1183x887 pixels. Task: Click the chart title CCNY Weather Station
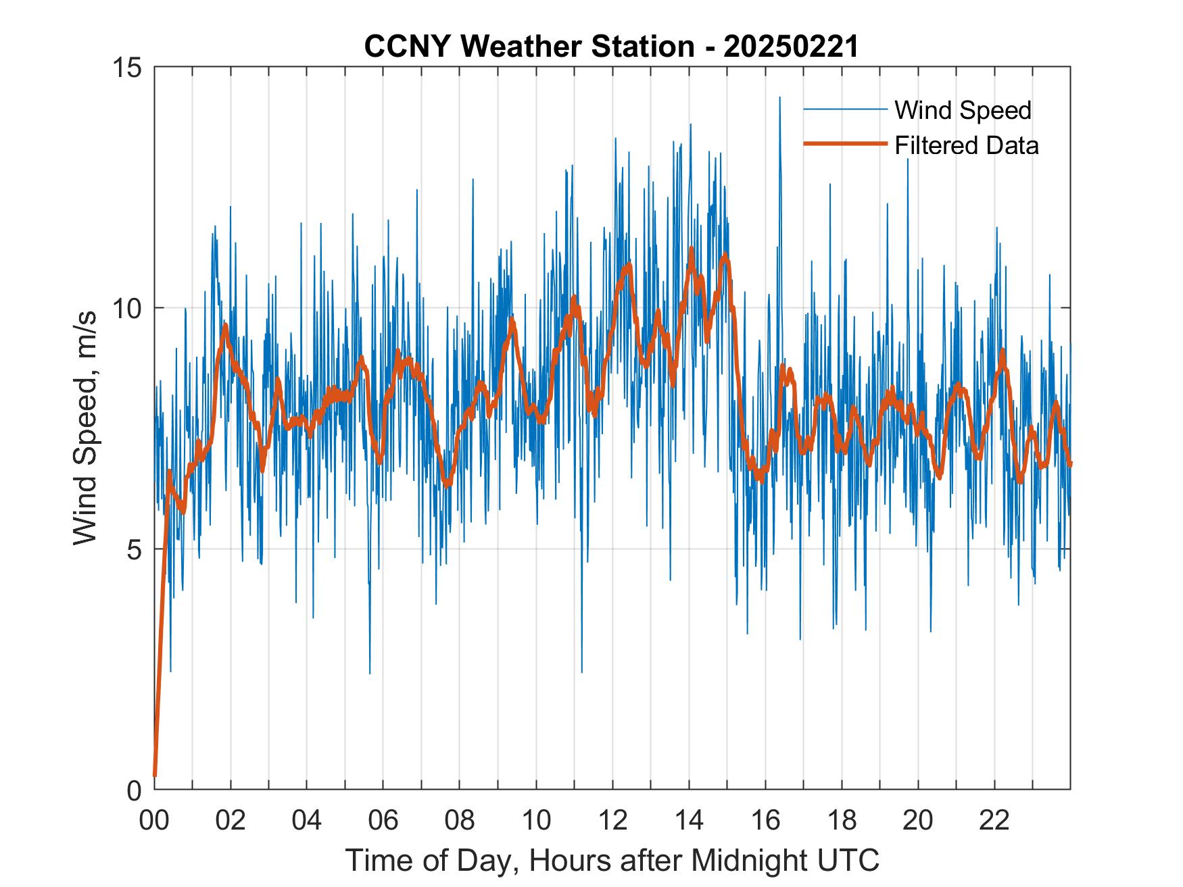point(529,47)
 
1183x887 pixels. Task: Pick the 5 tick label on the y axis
point(133,550)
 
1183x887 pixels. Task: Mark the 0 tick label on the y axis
point(133,790)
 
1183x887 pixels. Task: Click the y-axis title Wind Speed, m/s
point(85,428)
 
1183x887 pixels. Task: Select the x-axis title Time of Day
point(612,861)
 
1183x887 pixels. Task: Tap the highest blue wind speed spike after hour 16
point(779,98)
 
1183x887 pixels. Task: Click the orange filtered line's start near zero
point(155,774)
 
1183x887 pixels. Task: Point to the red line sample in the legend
point(845,144)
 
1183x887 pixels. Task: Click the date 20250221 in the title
point(790,47)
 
